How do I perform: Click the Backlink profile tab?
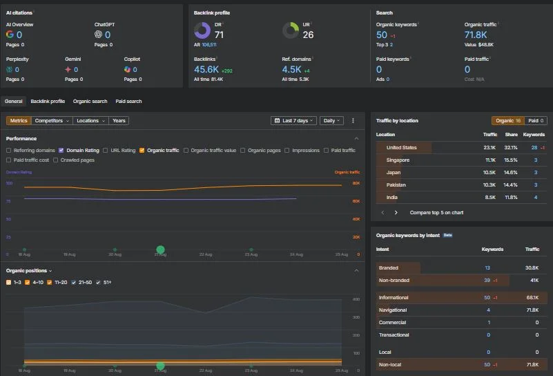tap(48, 102)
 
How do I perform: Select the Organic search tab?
tap(90, 102)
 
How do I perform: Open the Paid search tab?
tap(128, 102)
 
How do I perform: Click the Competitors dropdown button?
tap(52, 120)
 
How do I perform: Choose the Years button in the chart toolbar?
tap(119, 120)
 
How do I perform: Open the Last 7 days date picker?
tap(294, 120)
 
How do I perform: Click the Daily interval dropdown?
tap(331, 120)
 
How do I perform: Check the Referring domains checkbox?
tap(8, 150)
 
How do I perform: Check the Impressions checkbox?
tap(287, 150)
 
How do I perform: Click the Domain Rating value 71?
tap(219, 35)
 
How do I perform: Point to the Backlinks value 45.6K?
tap(206, 69)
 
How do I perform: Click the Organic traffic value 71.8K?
tap(476, 35)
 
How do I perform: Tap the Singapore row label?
tap(398, 160)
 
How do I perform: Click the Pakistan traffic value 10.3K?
tap(489, 185)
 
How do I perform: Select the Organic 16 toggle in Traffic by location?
tap(509, 120)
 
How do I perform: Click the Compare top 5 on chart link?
tap(436, 213)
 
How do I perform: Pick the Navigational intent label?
tap(393, 310)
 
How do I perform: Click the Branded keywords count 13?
tap(487, 267)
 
